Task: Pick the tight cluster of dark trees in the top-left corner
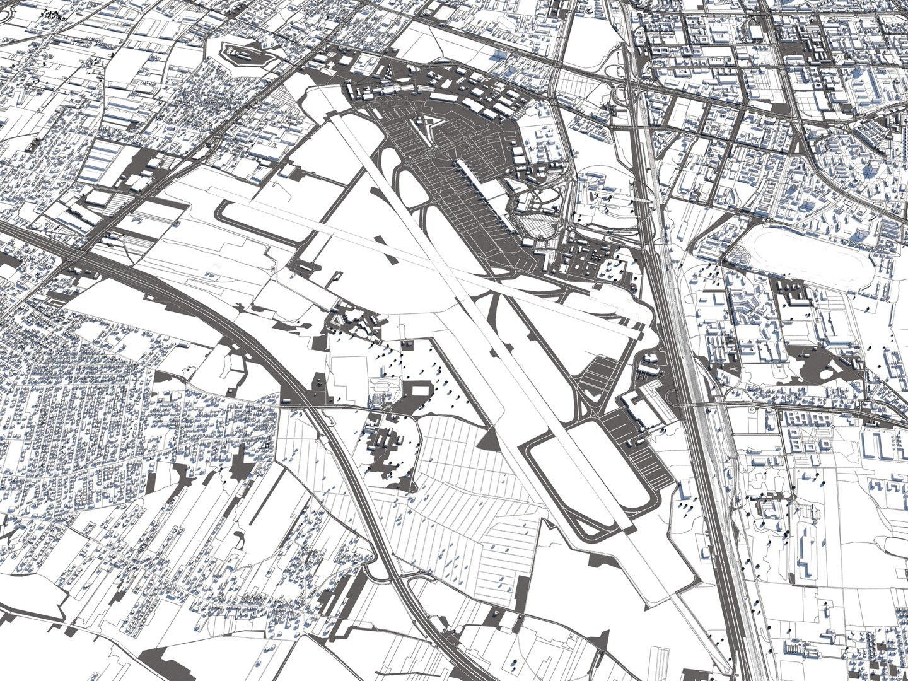54,16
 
